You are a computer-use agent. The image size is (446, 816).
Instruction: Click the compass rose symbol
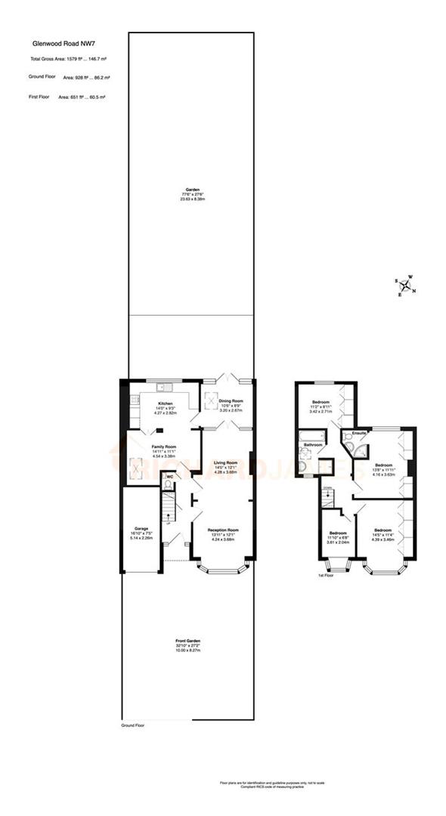[x=406, y=286]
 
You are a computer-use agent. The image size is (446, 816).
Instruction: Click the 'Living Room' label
[x=225, y=462]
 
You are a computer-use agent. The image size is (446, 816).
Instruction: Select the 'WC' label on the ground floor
[x=169, y=477]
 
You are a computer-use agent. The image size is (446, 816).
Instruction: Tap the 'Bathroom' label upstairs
[x=313, y=445]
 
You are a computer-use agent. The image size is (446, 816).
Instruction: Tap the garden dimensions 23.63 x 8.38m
[x=193, y=199]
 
